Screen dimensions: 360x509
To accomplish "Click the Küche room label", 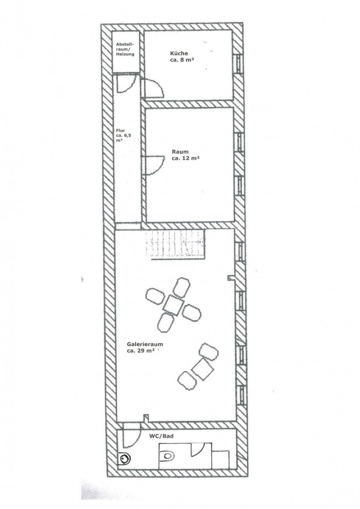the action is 179,54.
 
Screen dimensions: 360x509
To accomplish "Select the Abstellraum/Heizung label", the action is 125,49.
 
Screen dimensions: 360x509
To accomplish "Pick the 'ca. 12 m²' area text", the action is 185,158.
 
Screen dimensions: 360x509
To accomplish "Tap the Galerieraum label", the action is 145,350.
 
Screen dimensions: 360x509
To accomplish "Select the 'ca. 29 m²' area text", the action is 141,357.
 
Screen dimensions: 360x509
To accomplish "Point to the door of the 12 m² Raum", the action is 153,165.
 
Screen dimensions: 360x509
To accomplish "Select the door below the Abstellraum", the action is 126,83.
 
